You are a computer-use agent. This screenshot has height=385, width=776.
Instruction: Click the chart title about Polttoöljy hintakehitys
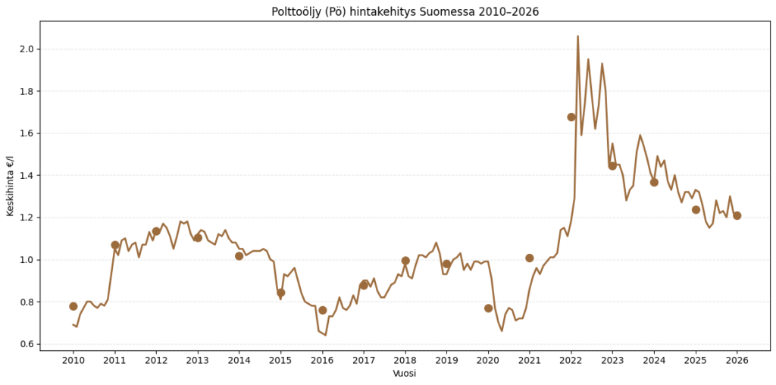(405, 11)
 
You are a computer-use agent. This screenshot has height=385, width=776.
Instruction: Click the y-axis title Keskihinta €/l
(10, 186)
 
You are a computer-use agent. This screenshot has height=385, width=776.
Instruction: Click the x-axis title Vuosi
(405, 374)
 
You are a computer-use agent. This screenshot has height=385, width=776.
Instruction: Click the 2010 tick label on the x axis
(74, 361)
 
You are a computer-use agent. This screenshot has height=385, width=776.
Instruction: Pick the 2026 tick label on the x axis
(737, 361)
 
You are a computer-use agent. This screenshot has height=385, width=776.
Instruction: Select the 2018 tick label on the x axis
(405, 361)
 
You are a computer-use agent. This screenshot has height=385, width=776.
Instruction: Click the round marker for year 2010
(74, 306)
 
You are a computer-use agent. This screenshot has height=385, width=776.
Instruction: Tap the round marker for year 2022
(571, 117)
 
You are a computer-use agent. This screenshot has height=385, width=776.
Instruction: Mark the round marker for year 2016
(323, 310)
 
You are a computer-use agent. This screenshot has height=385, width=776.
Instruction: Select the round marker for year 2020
(489, 308)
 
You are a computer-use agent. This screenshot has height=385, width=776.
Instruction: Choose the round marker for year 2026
(737, 215)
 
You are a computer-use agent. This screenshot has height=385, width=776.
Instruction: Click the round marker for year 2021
(530, 258)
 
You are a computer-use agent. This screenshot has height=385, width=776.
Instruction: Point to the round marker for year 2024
(654, 182)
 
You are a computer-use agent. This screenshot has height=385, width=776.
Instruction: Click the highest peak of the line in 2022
(577, 36)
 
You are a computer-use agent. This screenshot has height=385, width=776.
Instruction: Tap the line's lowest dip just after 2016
(326, 335)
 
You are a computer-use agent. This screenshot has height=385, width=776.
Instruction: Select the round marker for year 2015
(281, 293)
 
